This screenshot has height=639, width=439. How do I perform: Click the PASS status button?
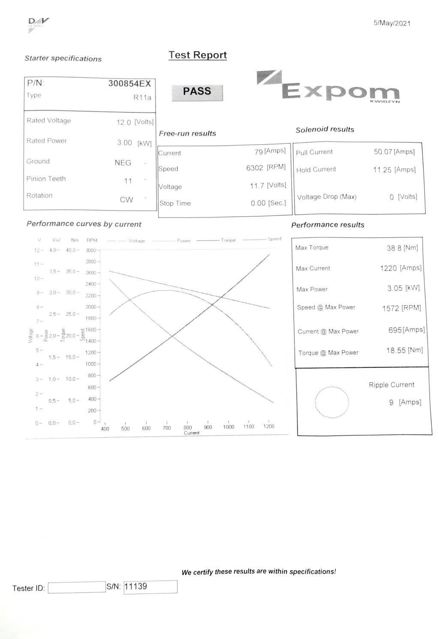coord(197,92)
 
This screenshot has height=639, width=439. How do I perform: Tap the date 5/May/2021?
coord(392,23)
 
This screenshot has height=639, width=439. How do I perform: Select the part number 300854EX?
coord(129,84)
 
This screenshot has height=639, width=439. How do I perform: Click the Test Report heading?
coord(198,55)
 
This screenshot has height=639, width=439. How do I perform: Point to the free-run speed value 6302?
coord(255,168)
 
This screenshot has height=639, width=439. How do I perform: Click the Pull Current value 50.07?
coord(383,151)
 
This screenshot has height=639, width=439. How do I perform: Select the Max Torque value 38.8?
coord(394,248)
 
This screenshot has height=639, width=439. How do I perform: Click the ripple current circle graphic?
coord(332,402)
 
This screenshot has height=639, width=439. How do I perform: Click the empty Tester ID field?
coord(77,588)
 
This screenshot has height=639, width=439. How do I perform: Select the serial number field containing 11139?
coord(150,587)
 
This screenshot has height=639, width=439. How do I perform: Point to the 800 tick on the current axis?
coord(188,427)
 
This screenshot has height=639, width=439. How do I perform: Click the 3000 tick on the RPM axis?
coord(91,251)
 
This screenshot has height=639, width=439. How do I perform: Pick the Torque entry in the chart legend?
coord(229,240)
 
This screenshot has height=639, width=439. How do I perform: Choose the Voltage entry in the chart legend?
coord(137,241)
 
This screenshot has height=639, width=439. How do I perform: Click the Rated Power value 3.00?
coord(125,142)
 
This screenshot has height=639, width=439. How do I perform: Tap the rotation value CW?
coord(126,200)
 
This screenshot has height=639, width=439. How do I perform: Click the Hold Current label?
coord(316,170)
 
